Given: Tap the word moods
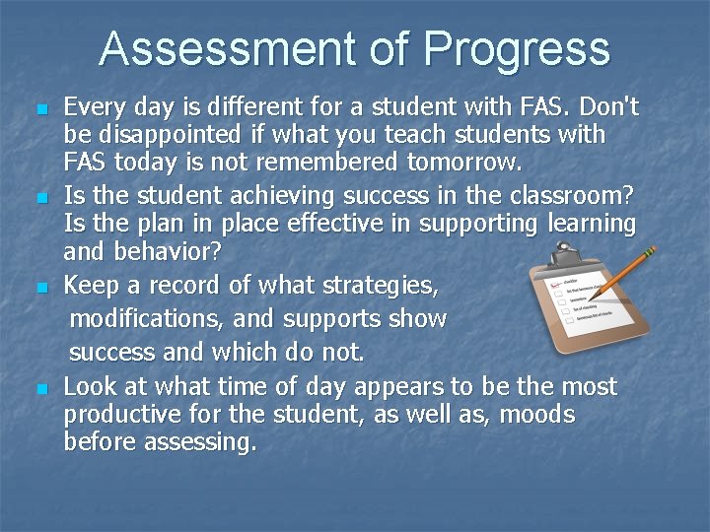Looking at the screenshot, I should point(537,415).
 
